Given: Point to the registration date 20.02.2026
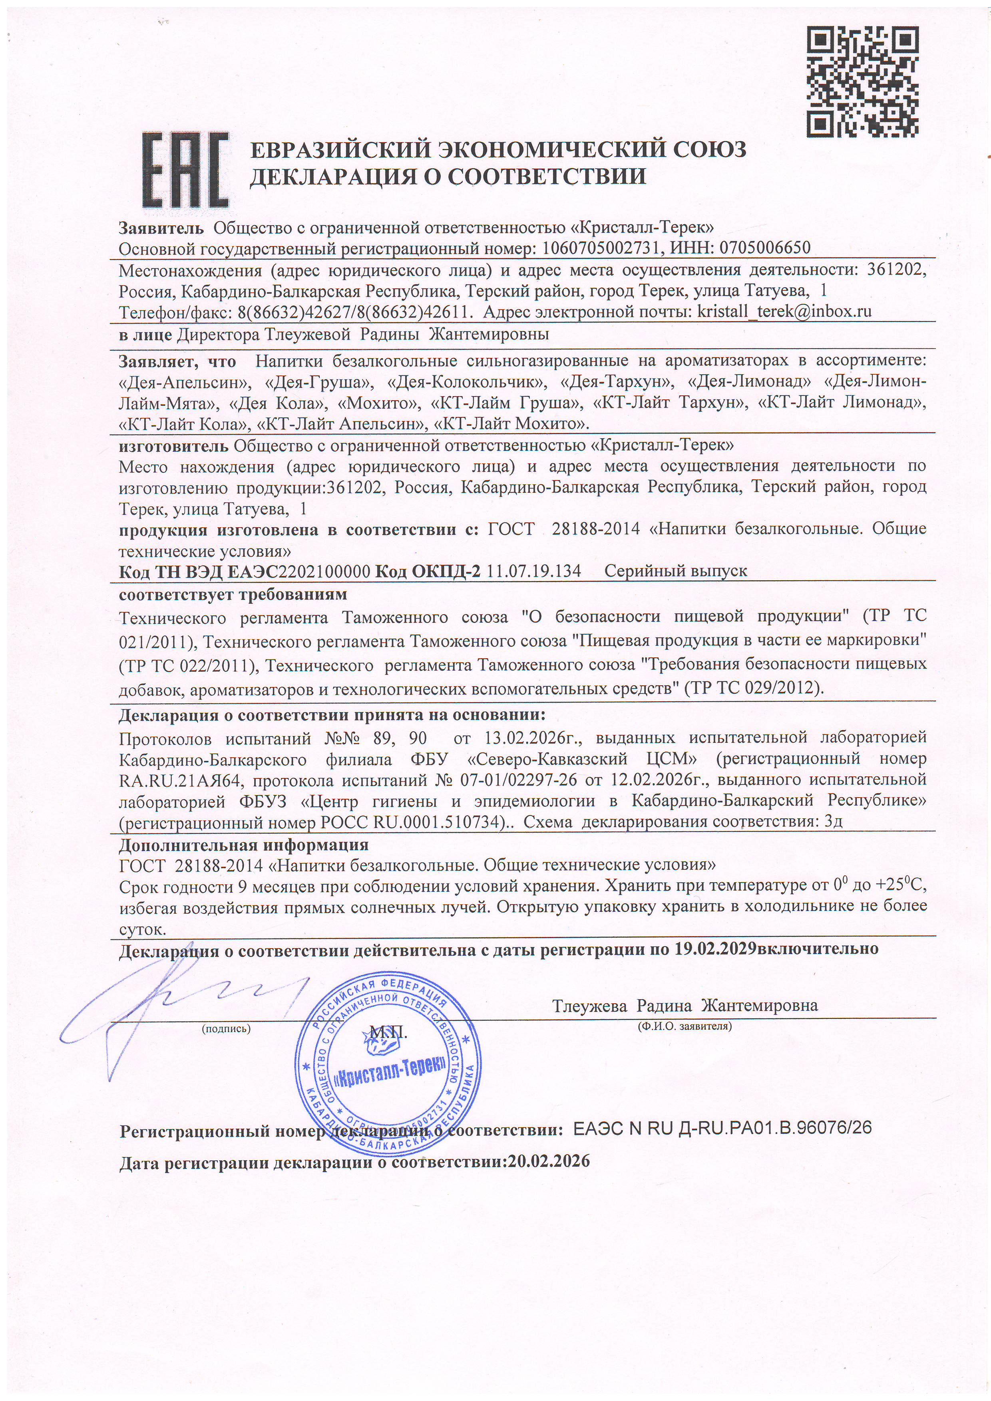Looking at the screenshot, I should tap(549, 1161).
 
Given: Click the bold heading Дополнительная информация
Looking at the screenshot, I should tap(244, 845).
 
